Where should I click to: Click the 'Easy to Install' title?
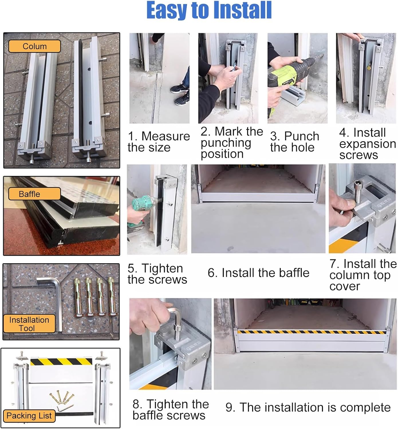209,10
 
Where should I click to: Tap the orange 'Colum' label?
34,46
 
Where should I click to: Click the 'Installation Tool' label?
29,324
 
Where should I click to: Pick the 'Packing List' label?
29,416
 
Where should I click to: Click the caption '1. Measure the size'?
158,142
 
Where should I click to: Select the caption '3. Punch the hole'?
294,142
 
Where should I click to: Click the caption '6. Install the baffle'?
258,273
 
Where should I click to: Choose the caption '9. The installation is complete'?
308,407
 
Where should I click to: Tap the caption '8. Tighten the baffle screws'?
170,410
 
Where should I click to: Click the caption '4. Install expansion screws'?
367,144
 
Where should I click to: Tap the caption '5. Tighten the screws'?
157,274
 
